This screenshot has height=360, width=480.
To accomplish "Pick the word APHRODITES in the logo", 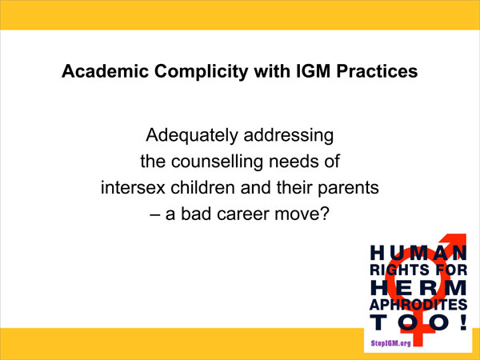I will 413,304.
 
